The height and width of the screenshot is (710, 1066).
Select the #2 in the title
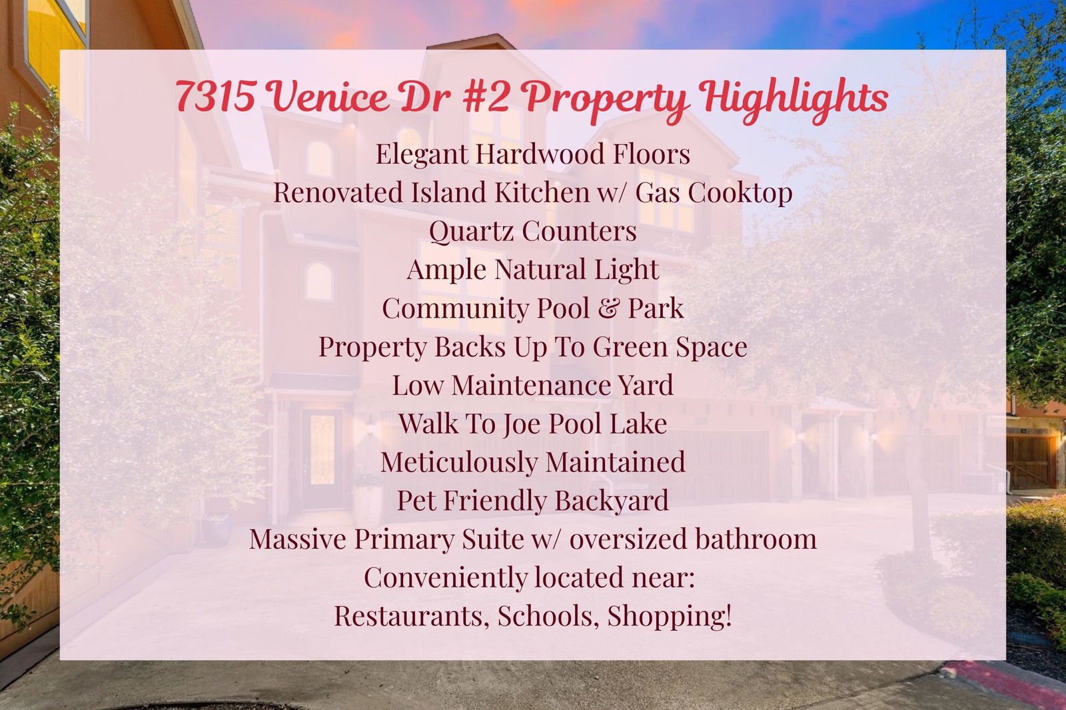(x=486, y=96)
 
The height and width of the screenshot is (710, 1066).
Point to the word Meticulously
(x=459, y=462)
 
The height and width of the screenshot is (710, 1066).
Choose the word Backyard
(x=612, y=501)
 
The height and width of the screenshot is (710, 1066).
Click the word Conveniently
(x=446, y=578)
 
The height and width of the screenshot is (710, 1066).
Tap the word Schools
(x=548, y=616)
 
